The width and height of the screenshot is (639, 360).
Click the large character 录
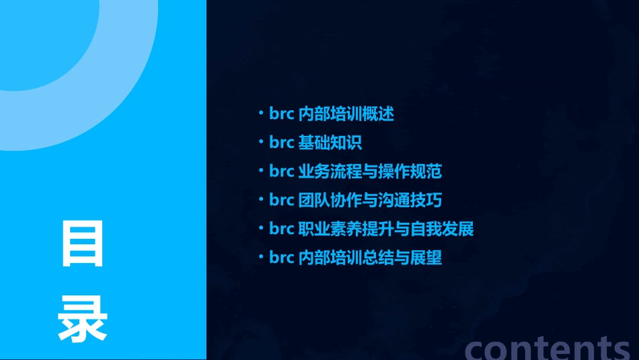tap(83, 318)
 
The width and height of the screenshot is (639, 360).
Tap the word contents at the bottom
tap(548, 347)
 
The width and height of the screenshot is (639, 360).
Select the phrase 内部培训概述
tap(346, 114)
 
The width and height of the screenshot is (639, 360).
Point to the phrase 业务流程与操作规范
tap(369, 172)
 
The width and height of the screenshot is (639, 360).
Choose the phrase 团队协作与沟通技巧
tap(369, 201)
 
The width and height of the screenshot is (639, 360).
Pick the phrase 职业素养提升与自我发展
tap(385, 229)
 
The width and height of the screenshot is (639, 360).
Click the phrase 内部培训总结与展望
tap(369, 258)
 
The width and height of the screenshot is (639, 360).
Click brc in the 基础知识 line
tap(281, 143)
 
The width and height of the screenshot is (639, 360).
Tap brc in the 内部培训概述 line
tap(281, 114)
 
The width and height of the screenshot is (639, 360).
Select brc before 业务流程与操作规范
tap(281, 172)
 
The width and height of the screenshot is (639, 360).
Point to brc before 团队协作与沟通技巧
tap(281, 201)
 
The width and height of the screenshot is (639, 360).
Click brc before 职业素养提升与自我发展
tap(281, 229)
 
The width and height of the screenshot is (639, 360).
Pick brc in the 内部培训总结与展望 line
tap(281, 258)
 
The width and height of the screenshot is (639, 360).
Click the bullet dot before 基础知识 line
tap(262, 143)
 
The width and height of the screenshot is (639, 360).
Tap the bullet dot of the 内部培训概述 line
tap(262, 114)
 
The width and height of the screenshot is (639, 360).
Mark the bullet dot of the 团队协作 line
tap(262, 201)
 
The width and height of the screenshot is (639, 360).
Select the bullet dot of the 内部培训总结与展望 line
tap(262, 258)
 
